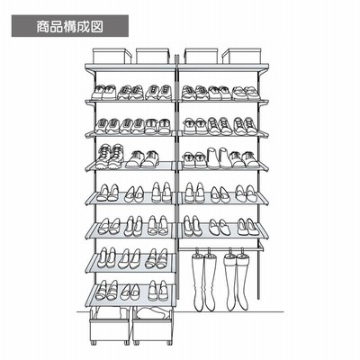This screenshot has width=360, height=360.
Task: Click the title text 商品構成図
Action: click(x=70, y=26)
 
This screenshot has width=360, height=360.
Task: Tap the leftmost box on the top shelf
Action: click(x=112, y=56)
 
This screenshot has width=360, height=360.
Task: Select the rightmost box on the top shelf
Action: click(x=241, y=56)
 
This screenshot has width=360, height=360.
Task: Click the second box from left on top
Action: click(x=152, y=56)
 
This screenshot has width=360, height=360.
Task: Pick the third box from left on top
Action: click(x=201, y=56)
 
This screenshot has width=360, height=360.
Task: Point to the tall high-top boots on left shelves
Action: click(x=110, y=157)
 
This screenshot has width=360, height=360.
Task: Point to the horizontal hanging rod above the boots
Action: click(x=220, y=248)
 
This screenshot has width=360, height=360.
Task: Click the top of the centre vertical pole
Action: click(x=176, y=56)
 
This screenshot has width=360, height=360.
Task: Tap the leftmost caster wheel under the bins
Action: click(x=94, y=342)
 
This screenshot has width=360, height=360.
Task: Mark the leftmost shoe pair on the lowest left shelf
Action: click(x=107, y=290)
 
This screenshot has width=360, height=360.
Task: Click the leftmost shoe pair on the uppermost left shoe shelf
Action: click(x=103, y=92)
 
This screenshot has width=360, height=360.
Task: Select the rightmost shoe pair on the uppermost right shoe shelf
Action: click(x=246, y=93)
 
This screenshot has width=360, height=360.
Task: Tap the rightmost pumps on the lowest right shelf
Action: click(x=247, y=227)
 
